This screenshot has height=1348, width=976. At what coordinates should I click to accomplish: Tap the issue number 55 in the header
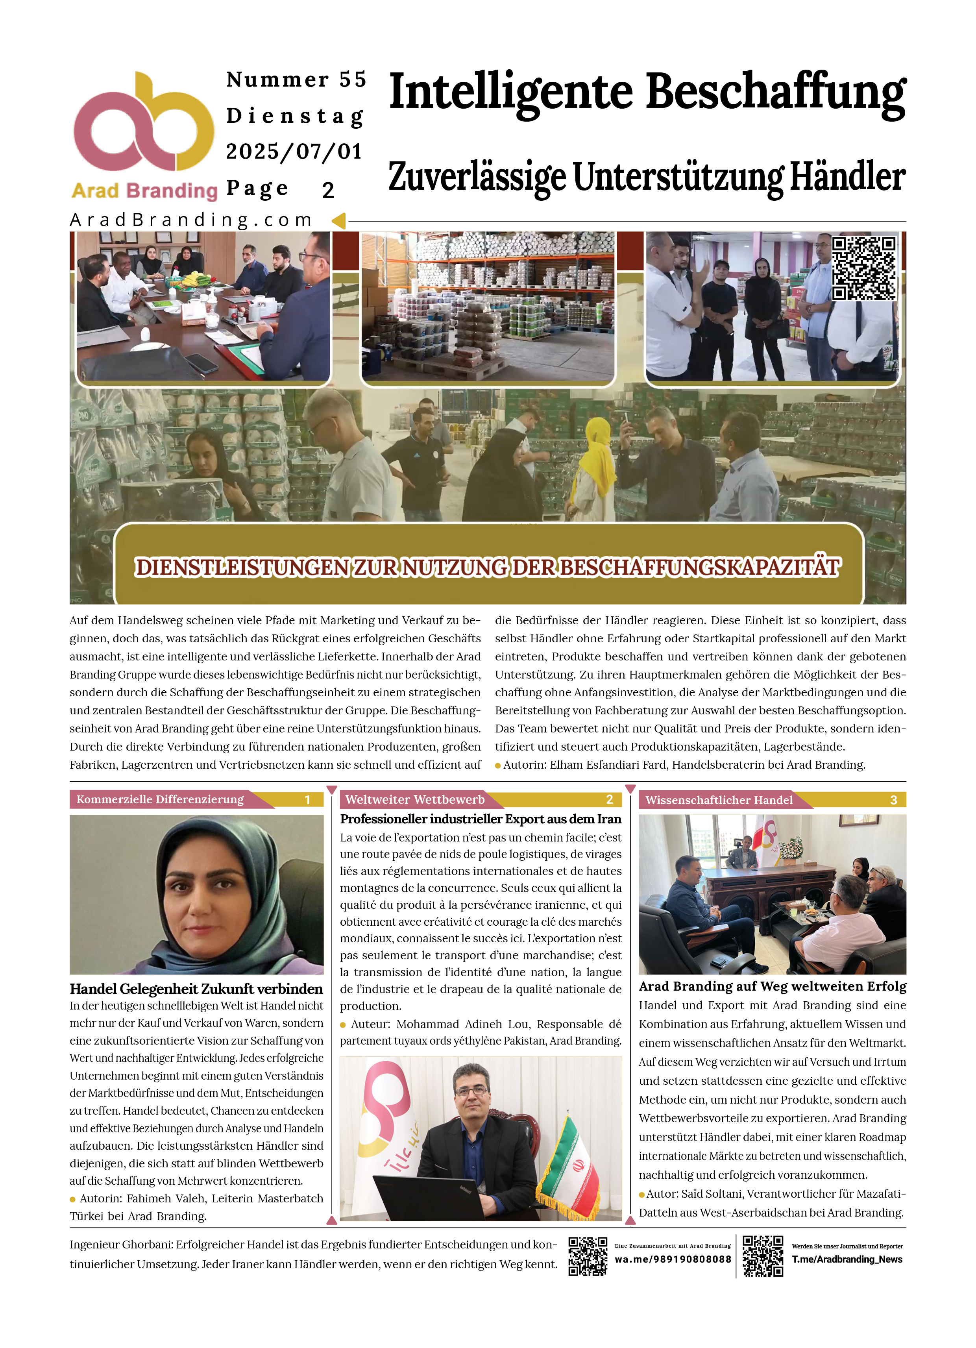(x=353, y=79)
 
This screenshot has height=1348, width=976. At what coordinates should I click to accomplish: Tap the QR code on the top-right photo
(x=864, y=268)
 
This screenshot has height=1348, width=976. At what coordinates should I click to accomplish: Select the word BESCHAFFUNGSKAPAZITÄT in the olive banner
(x=700, y=567)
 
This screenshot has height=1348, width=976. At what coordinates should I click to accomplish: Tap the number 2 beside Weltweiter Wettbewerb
(x=609, y=799)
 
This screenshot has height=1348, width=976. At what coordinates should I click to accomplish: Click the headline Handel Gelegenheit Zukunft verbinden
(x=196, y=989)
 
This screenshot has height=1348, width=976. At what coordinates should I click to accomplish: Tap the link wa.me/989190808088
(x=673, y=1259)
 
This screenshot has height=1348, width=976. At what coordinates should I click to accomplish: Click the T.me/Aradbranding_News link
(x=847, y=1259)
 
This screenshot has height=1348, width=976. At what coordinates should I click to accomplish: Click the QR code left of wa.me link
(x=587, y=1256)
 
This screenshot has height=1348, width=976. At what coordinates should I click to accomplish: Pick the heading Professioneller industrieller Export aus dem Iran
(x=480, y=819)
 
